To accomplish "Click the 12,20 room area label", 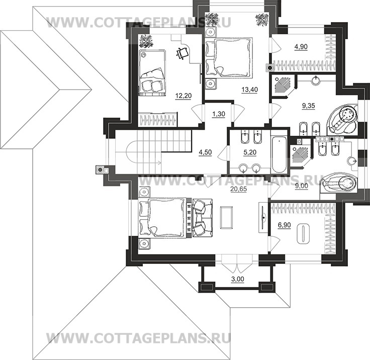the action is click(x=183, y=96).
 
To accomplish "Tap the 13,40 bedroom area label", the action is click(x=250, y=90).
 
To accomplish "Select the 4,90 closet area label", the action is click(x=301, y=47).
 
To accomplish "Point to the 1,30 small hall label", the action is click(x=219, y=114).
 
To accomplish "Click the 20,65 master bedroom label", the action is click(x=238, y=189).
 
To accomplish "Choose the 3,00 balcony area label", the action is click(x=237, y=279).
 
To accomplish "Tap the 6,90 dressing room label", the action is click(x=284, y=225).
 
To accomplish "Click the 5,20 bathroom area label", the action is click(x=250, y=153).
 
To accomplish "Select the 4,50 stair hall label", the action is click(x=205, y=153).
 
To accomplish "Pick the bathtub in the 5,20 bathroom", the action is click(x=280, y=154).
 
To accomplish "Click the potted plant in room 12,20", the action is click(x=146, y=41).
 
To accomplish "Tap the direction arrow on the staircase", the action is click(x=152, y=162).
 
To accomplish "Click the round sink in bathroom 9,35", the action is click(x=316, y=80).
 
